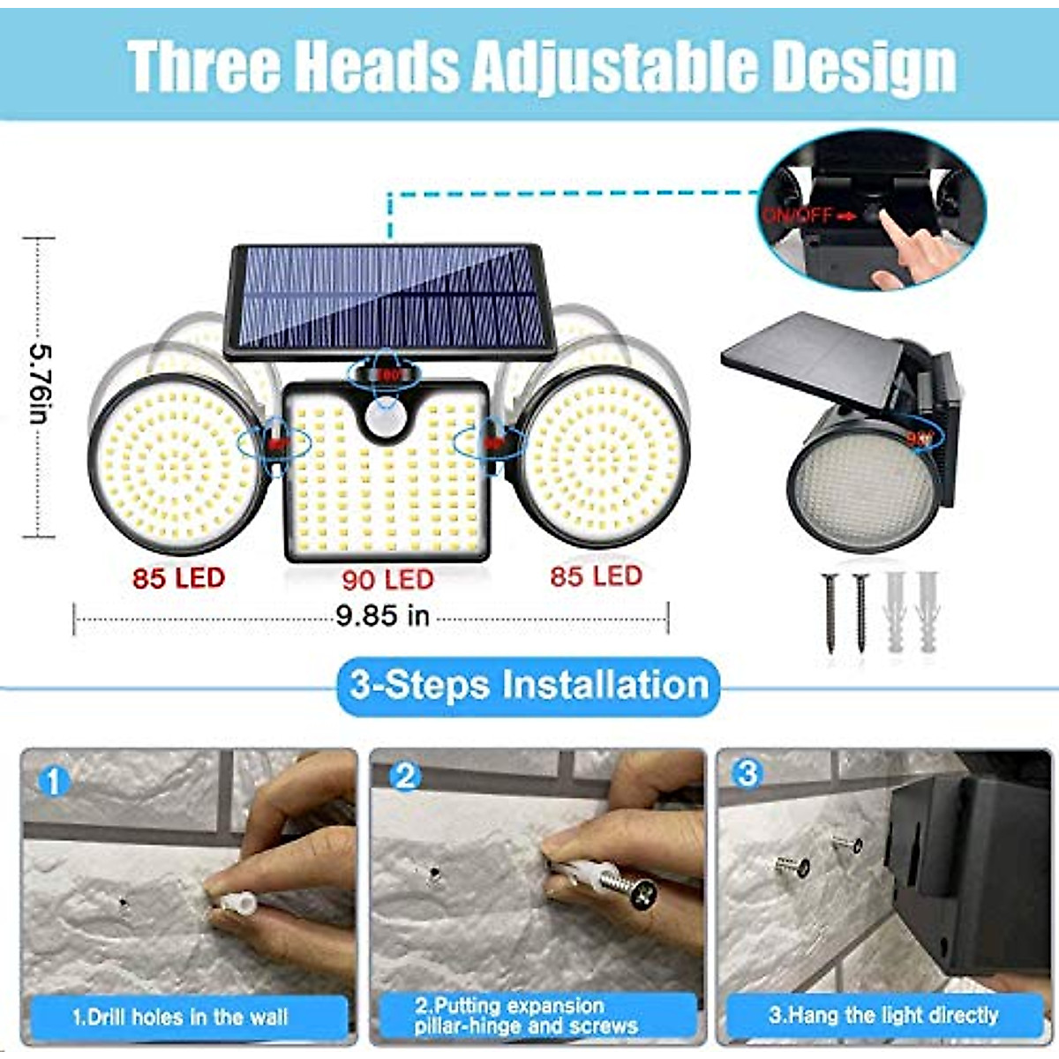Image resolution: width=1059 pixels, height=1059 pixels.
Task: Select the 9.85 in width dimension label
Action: pyautogui.click(x=382, y=615)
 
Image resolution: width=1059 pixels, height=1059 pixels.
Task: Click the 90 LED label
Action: pyautogui.click(x=388, y=580)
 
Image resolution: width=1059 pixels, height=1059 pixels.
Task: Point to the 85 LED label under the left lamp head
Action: pyautogui.click(x=179, y=578)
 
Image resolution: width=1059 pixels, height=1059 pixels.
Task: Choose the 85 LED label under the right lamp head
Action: pyautogui.click(x=596, y=576)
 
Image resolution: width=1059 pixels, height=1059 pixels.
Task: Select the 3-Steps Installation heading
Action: pyautogui.click(x=529, y=686)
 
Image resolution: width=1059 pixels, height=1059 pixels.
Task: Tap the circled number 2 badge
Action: pyautogui.click(x=405, y=777)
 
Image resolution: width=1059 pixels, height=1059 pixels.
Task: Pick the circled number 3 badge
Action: pyautogui.click(x=747, y=774)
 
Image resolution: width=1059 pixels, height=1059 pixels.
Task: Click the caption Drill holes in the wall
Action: pyautogui.click(x=181, y=1017)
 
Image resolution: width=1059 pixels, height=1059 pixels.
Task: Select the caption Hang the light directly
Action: pyautogui.click(x=882, y=1015)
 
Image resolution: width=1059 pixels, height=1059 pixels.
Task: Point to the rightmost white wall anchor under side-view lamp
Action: pyautogui.click(x=928, y=609)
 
